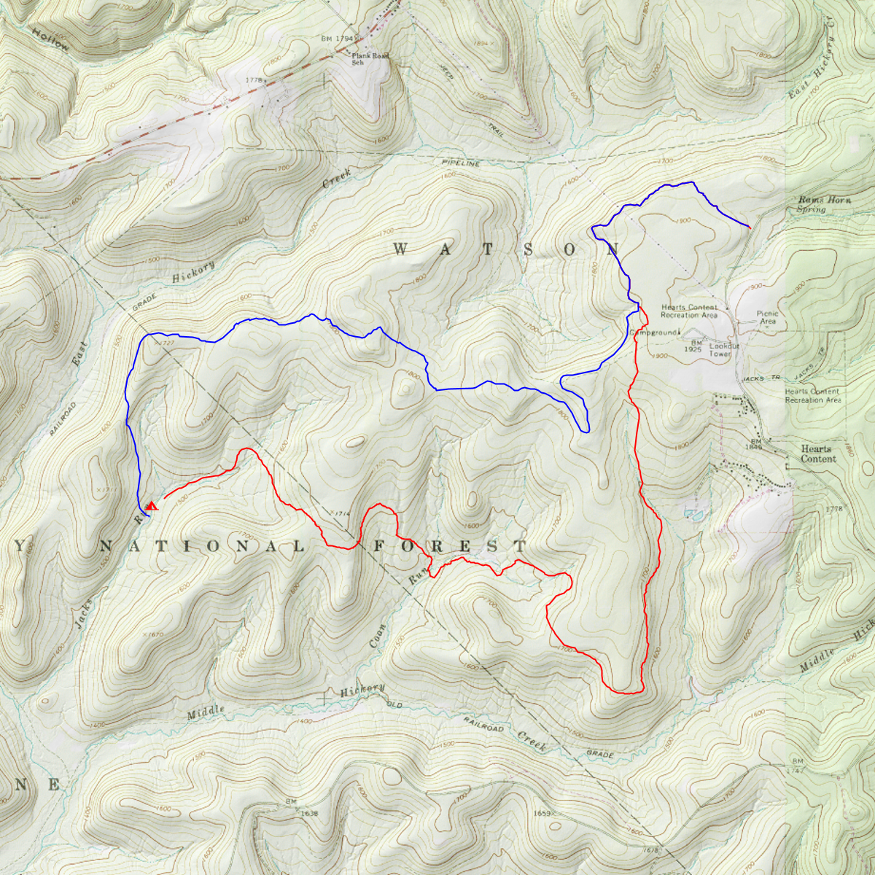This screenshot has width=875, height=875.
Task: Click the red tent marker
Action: click(152, 505)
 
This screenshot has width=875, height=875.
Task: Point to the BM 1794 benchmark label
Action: click(337, 39)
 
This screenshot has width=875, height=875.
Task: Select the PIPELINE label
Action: click(461, 164)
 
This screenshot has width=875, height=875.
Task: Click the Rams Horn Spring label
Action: click(824, 204)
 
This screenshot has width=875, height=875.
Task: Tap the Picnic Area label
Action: click(767, 317)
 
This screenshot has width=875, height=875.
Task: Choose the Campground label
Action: click(653, 332)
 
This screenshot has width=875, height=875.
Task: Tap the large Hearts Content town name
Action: click(817, 454)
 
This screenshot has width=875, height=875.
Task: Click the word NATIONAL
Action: click(201, 547)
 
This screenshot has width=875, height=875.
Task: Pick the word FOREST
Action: click(449, 546)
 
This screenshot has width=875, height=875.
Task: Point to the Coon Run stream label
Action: click(397, 609)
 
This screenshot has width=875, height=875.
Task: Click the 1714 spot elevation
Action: click(340, 513)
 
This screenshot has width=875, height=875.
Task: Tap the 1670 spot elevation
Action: click(154, 635)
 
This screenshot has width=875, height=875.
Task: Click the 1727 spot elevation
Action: click(163, 343)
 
